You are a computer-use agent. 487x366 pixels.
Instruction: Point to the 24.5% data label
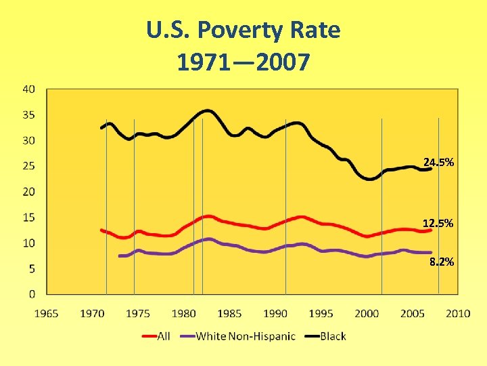pos(438,163)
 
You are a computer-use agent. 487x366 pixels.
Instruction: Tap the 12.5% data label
pos(438,224)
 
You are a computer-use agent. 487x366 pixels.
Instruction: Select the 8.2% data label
pos(441,262)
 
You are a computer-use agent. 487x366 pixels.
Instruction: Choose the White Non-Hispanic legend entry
pos(244,335)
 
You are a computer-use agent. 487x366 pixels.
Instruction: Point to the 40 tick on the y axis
pos(29,89)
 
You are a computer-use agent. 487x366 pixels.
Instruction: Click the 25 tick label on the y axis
pos(29,166)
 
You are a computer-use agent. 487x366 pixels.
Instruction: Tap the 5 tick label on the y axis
pos(32,268)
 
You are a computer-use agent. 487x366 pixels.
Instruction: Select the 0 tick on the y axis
pos(32,294)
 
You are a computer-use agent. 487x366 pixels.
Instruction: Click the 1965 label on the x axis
pos(46,313)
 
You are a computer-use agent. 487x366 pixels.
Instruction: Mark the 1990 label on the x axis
pos(275,313)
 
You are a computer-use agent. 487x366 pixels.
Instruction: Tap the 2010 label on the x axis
pos(458,313)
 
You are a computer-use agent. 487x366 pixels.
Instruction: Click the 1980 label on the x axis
pos(183,313)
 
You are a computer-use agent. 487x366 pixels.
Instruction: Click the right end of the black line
pos(431,169)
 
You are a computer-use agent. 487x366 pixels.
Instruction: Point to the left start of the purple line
pos(120,256)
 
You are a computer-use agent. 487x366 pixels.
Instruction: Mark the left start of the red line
pos(101,230)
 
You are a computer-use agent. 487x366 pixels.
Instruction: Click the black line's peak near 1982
pos(206,110)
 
